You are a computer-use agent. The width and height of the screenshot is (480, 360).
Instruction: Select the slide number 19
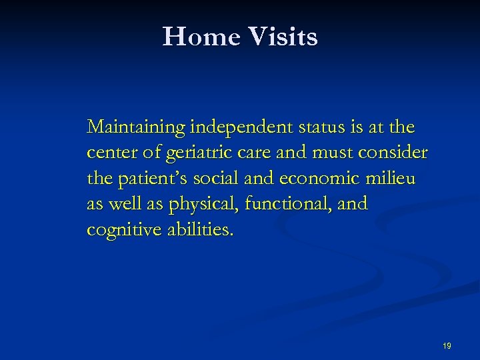[x=447, y=345]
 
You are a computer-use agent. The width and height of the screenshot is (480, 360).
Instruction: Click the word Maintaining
[x=136, y=127]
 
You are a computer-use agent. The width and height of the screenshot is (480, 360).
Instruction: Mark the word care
[x=252, y=153]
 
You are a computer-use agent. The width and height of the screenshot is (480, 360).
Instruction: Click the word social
[x=214, y=179]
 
